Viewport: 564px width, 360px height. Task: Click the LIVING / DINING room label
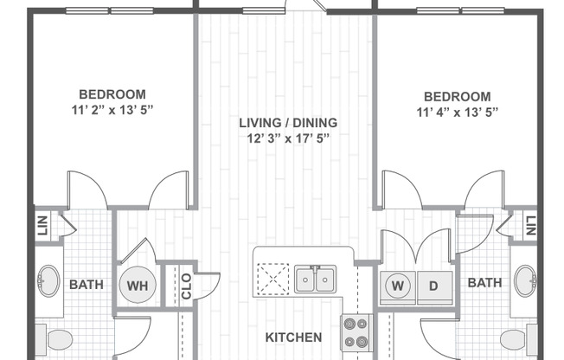pyautogui.click(x=288, y=123)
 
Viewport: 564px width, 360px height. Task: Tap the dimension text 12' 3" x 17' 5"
pyautogui.click(x=288, y=138)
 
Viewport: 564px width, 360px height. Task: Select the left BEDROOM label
pyautogui.click(x=112, y=93)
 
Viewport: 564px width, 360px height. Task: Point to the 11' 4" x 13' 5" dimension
pyautogui.click(x=458, y=112)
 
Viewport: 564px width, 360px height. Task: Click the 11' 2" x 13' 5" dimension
pyautogui.click(x=112, y=109)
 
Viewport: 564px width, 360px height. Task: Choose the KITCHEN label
pyautogui.click(x=293, y=337)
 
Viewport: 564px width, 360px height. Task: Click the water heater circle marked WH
pyautogui.click(x=137, y=284)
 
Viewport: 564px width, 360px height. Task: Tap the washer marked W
pyautogui.click(x=398, y=284)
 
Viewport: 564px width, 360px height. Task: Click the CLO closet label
pyautogui.click(x=185, y=286)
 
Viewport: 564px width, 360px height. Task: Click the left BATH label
pyautogui.click(x=87, y=284)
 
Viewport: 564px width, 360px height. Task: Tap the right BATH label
pyautogui.click(x=485, y=282)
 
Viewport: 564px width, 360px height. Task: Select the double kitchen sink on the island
pyautogui.click(x=315, y=280)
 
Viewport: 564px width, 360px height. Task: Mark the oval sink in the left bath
pyautogui.click(x=48, y=282)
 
